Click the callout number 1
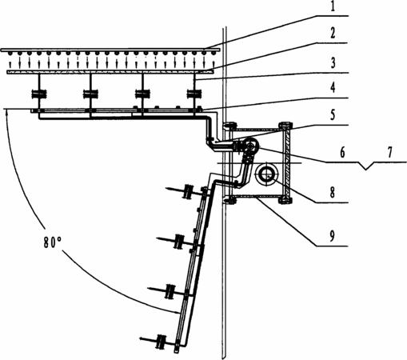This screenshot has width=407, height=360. [x=333, y=6]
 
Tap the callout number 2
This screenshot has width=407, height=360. [x=333, y=33]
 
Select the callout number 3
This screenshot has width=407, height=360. [x=333, y=62]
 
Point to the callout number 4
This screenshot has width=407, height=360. [x=333, y=88]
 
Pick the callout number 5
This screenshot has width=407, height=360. [x=333, y=115]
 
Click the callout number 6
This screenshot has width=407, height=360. [x=342, y=152]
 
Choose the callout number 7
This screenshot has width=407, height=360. [x=389, y=152]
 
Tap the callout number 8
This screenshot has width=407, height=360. [x=332, y=193]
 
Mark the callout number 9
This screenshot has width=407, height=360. [x=332, y=236]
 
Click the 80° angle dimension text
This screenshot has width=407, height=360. [x=53, y=242]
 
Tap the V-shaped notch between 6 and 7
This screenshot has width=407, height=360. [x=367, y=166]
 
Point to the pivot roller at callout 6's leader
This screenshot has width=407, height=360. [x=251, y=146]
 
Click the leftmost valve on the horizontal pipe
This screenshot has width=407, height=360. [x=39, y=94]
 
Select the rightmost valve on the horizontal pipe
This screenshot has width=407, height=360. [x=195, y=94]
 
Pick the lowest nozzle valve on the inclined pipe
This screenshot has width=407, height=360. [x=161, y=342]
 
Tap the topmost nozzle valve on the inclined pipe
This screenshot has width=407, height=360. [x=188, y=191]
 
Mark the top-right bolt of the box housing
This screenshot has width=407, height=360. [x=285, y=125]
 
